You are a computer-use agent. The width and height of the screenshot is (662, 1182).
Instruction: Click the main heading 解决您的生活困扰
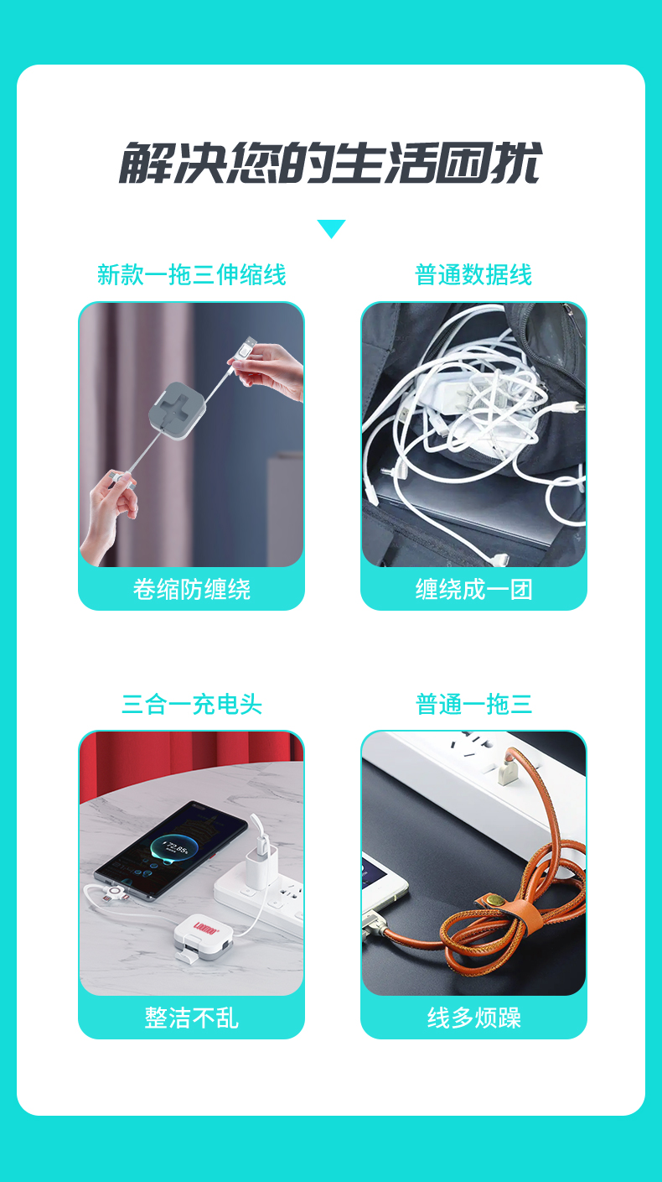pyautogui.click(x=330, y=163)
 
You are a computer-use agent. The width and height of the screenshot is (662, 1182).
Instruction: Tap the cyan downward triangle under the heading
pyautogui.click(x=331, y=228)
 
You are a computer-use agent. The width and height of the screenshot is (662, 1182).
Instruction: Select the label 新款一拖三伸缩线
pyautogui.click(x=191, y=275)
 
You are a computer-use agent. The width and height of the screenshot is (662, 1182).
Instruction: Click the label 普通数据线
pyautogui.click(x=473, y=275)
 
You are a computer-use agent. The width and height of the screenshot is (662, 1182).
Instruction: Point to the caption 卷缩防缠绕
pyautogui.click(x=191, y=590)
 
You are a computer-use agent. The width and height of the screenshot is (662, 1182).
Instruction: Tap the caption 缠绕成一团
pyautogui.click(x=473, y=590)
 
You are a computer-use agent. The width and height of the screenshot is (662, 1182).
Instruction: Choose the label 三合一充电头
pyautogui.click(x=191, y=705)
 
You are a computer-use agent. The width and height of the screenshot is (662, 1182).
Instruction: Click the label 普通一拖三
pyautogui.click(x=473, y=705)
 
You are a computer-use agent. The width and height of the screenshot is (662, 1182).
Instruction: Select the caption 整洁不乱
pyautogui.click(x=191, y=1018)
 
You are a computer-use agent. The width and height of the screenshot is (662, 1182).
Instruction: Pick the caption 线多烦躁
pyautogui.click(x=473, y=1018)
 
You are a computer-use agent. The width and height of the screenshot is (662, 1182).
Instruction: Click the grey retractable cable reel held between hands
pyautogui.click(x=177, y=410)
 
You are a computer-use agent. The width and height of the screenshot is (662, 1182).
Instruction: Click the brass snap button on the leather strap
pyautogui.click(x=494, y=898)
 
